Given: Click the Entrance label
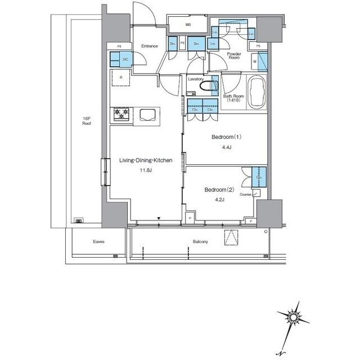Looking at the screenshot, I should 149,46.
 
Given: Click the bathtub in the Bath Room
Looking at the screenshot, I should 258,92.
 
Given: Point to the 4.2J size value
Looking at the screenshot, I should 219,199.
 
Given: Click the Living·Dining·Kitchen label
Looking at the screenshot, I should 145,160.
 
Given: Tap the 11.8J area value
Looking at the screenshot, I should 146,172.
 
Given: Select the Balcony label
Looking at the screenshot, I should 200,242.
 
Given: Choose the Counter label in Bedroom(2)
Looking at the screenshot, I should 245,194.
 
